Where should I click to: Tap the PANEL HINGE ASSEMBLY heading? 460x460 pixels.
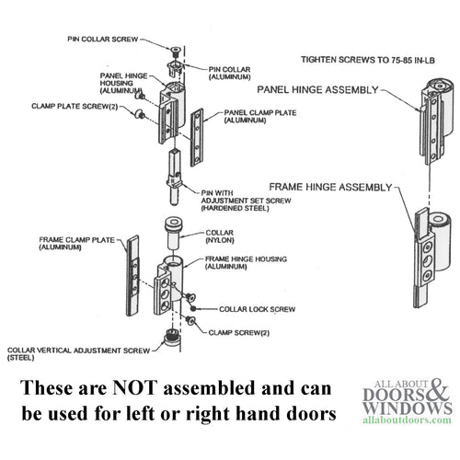tap(326, 90)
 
